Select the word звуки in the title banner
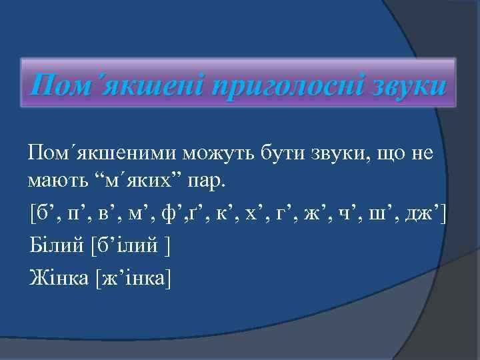(401, 86)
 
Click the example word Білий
(55, 245)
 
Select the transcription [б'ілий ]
(129, 246)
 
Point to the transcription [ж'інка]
(134, 277)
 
